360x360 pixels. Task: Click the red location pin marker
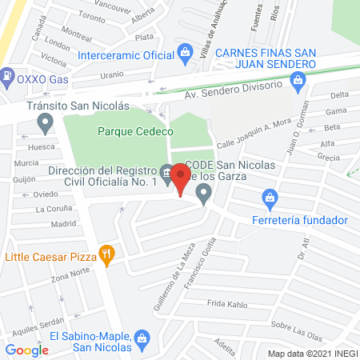point(181,181)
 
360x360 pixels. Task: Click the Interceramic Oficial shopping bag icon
point(186,55)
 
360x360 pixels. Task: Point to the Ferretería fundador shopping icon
point(270,197)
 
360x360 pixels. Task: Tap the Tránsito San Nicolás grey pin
point(45,122)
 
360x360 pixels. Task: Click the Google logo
point(27,350)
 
